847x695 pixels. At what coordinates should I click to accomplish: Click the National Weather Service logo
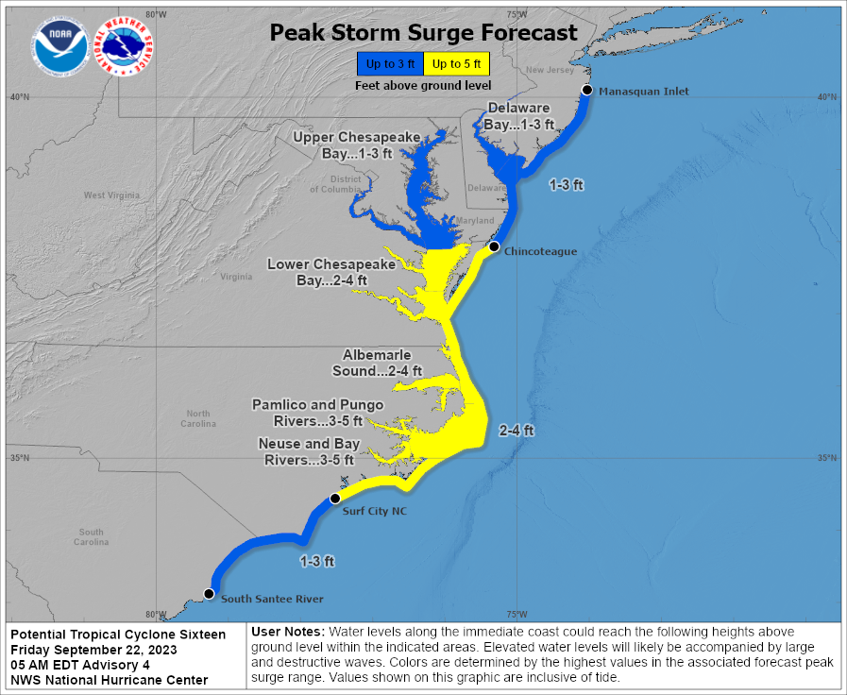point(126,46)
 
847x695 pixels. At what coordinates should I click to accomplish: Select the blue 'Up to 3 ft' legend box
point(390,64)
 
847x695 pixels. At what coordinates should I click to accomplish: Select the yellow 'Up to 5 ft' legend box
point(457,64)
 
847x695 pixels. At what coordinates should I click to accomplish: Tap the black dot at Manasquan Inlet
point(587,90)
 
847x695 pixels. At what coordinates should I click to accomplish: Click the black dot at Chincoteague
point(493,246)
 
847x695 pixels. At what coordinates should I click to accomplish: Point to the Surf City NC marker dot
point(334,499)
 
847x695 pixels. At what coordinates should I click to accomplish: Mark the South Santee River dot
point(209,594)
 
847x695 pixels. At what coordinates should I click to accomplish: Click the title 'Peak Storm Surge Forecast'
point(423,32)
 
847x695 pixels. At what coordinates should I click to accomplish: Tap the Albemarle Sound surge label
point(381,363)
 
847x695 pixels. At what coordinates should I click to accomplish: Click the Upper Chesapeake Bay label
point(356,144)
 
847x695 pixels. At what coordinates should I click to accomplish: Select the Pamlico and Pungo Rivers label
point(317,413)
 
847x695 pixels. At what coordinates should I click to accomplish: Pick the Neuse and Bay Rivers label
point(308,451)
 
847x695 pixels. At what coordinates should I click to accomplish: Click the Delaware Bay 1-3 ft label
point(518,116)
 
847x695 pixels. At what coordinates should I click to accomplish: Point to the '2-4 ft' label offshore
point(516,431)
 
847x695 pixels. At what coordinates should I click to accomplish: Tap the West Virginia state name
point(111,195)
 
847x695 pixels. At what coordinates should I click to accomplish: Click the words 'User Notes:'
point(288,631)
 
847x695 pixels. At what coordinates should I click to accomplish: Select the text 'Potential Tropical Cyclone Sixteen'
point(118,635)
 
